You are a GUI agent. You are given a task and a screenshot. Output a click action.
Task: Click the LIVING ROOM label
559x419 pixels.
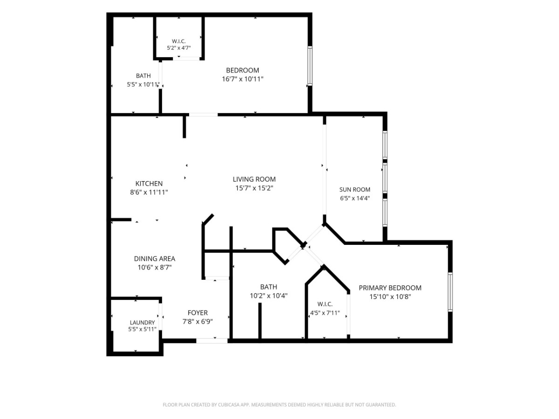click(254, 179)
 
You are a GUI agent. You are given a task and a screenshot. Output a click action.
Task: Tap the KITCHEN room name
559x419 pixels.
click(149, 184)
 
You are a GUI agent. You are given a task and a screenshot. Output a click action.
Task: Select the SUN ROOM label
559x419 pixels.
click(354, 189)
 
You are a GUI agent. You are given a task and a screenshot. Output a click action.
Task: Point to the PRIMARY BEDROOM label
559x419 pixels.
click(390, 288)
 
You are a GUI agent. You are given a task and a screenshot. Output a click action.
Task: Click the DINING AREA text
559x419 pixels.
click(154, 259)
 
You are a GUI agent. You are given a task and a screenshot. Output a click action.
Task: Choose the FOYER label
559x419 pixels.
click(198, 313)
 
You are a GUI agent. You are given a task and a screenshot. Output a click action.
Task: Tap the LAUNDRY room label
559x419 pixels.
click(142, 323)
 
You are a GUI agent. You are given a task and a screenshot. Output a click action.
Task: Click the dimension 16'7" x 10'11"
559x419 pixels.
click(242, 79)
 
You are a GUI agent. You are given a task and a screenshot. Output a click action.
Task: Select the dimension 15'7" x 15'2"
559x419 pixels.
click(254, 188)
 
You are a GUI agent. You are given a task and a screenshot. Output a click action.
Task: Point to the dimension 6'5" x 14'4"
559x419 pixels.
click(354, 198)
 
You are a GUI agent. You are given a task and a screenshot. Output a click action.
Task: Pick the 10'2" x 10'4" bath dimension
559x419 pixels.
click(268, 296)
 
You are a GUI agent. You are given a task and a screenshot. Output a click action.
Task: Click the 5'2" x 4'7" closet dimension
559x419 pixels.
click(178, 48)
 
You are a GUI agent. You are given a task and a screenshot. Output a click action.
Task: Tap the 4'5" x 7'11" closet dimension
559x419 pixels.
click(325, 313)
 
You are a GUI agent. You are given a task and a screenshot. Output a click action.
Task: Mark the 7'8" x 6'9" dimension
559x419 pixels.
click(198, 322)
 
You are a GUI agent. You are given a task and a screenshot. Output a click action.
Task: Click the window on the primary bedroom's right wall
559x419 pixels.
click(450, 292)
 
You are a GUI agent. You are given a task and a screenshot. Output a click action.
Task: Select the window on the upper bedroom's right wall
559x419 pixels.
click(310, 66)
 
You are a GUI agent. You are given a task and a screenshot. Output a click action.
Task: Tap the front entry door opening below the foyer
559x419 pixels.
click(212, 341)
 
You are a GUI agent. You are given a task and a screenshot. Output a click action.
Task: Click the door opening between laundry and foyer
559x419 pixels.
click(160, 317)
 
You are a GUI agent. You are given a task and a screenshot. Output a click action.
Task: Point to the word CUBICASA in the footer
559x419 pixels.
click(228, 405)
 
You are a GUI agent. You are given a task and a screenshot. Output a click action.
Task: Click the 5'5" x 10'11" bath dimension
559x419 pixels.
click(143, 84)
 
